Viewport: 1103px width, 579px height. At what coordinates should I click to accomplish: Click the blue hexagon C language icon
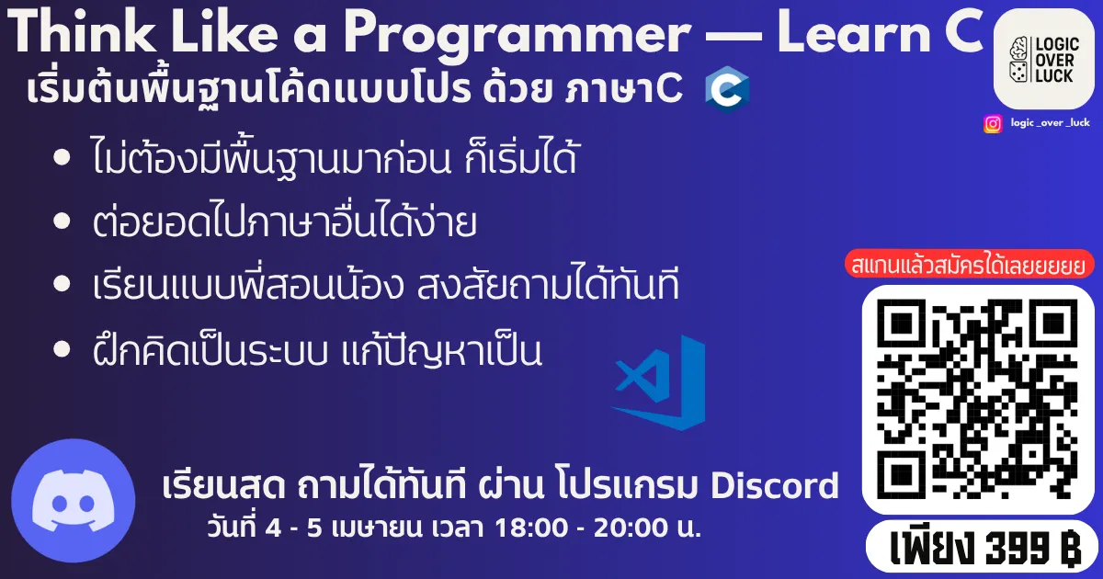(x=727, y=89)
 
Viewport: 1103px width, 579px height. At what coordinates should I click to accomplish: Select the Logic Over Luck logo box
(x=1044, y=59)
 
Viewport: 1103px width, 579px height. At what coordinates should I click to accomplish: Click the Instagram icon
(x=993, y=123)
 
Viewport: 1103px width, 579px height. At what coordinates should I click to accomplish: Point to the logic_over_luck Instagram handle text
(x=1050, y=123)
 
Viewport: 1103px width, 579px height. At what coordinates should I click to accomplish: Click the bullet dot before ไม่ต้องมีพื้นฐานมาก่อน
(x=63, y=158)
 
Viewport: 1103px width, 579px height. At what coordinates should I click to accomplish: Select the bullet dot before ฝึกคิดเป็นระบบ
(x=63, y=349)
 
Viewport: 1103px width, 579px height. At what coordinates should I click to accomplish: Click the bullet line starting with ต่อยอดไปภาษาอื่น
(x=285, y=223)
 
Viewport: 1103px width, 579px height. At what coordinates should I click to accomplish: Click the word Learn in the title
(x=836, y=34)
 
